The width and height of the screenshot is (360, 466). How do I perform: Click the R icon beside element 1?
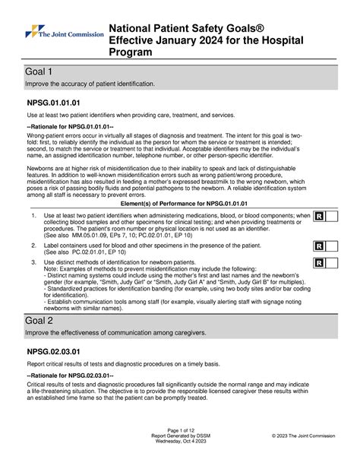point(319,217)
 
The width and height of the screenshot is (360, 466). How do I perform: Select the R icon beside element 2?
point(319,246)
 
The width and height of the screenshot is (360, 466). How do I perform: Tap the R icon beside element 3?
point(319,263)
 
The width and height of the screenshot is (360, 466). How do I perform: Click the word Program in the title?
point(134,52)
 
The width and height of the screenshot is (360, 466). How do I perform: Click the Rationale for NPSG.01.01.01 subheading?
point(70,126)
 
